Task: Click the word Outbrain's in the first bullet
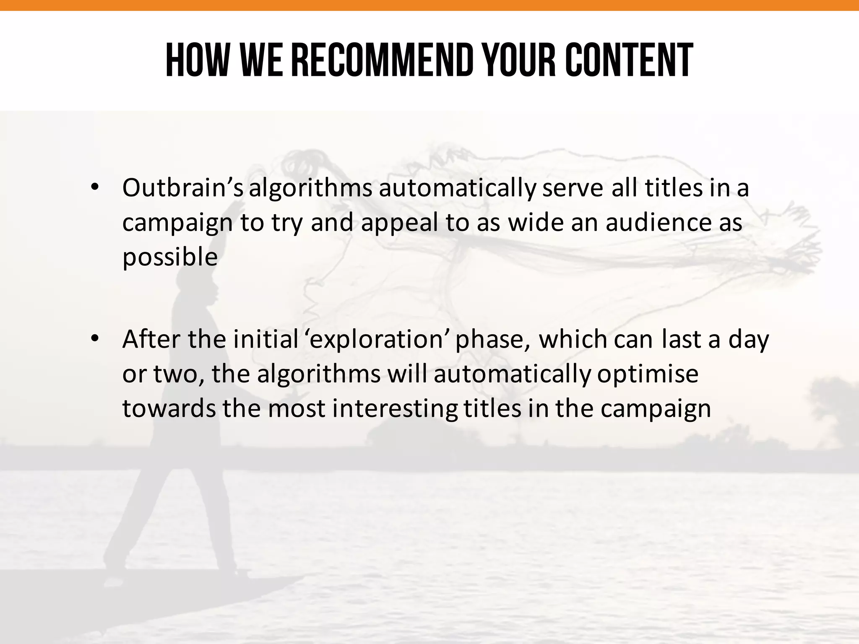[182, 188]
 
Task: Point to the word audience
[656, 223]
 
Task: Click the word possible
[170, 257]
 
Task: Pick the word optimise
[648, 374]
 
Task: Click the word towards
[169, 408]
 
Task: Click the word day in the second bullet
[749, 340]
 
